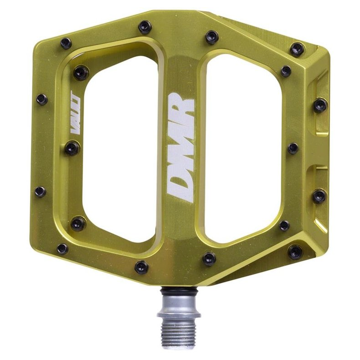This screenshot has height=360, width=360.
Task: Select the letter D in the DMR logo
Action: (x=181, y=186)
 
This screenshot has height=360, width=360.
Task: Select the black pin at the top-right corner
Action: (x=297, y=49)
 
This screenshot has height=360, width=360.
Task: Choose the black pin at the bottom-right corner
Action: (x=295, y=251)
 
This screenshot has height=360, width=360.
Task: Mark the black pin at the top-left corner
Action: (x=66, y=43)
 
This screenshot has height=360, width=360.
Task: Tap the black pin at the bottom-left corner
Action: (x=63, y=249)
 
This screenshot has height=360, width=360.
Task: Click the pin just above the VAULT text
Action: (x=81, y=73)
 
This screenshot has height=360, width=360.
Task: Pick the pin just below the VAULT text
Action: (x=72, y=148)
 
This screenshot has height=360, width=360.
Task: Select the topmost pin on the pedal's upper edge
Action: (x=145, y=27)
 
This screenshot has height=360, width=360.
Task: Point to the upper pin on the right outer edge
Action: (x=320, y=105)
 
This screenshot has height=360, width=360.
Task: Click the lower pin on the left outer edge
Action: (x=40, y=191)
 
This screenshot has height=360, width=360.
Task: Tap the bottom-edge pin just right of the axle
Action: (x=209, y=259)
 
